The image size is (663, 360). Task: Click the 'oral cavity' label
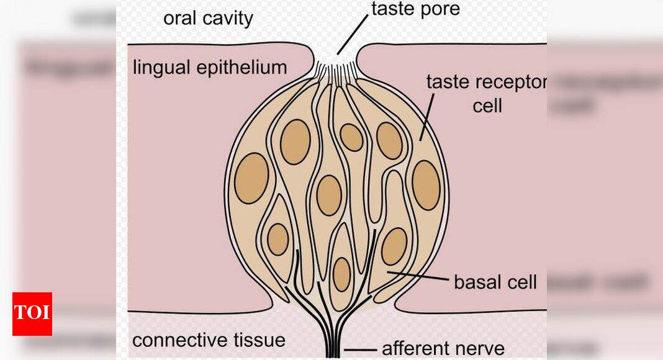208,18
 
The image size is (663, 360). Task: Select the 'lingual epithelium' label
210,67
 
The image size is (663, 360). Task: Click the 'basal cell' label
495,282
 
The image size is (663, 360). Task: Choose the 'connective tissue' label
209,340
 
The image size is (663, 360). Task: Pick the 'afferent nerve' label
443,348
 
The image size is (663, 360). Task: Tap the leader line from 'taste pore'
353,36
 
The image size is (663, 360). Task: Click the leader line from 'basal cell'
417,276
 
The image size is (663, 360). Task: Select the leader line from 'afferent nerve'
359,350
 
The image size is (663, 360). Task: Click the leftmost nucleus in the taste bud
251,178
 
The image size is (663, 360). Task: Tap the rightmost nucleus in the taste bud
426,184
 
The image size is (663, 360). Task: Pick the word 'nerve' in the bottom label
479,348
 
